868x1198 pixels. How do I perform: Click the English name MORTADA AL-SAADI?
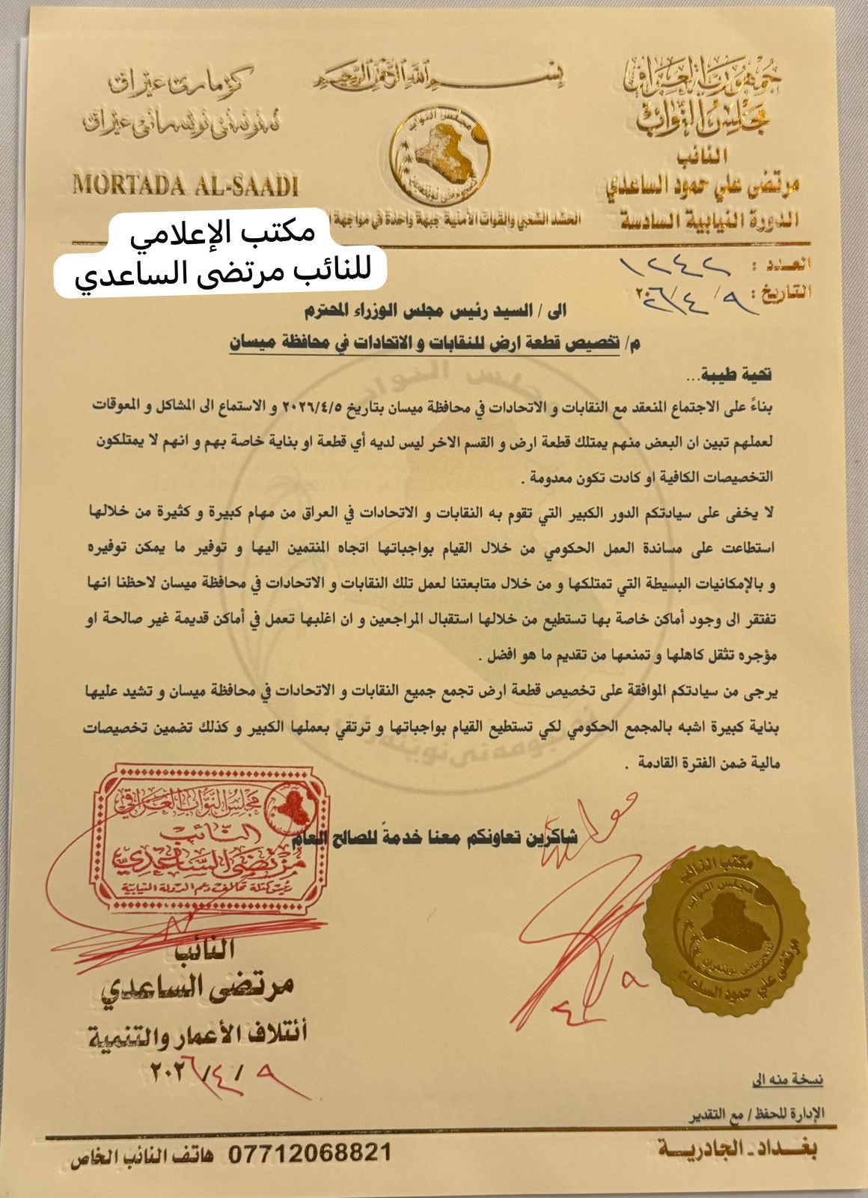[186, 184]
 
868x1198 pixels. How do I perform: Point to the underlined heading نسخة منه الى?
[787, 1080]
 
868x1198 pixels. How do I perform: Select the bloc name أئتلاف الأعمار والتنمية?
[198, 1034]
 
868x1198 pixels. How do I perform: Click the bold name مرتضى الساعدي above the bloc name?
[198, 988]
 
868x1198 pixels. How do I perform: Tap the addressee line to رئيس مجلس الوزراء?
[434, 310]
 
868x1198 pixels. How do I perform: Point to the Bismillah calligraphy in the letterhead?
[441, 76]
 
